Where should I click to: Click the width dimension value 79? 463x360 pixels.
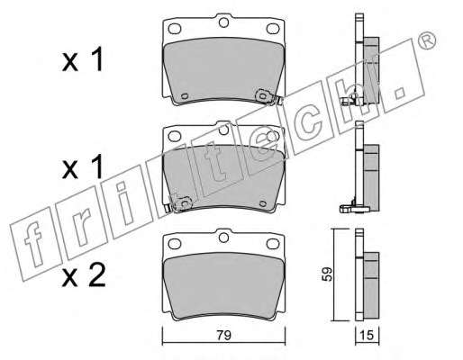coord(223,335)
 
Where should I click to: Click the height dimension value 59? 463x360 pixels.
coord(327,274)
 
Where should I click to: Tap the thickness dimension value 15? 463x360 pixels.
coord(367,335)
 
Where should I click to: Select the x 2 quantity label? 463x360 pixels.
coord(84,275)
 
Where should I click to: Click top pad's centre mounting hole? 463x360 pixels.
coord(223,22)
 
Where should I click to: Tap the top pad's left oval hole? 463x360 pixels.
coord(175,29)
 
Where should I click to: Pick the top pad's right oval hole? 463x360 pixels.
coord(273,29)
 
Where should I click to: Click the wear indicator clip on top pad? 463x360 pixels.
coord(268,97)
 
